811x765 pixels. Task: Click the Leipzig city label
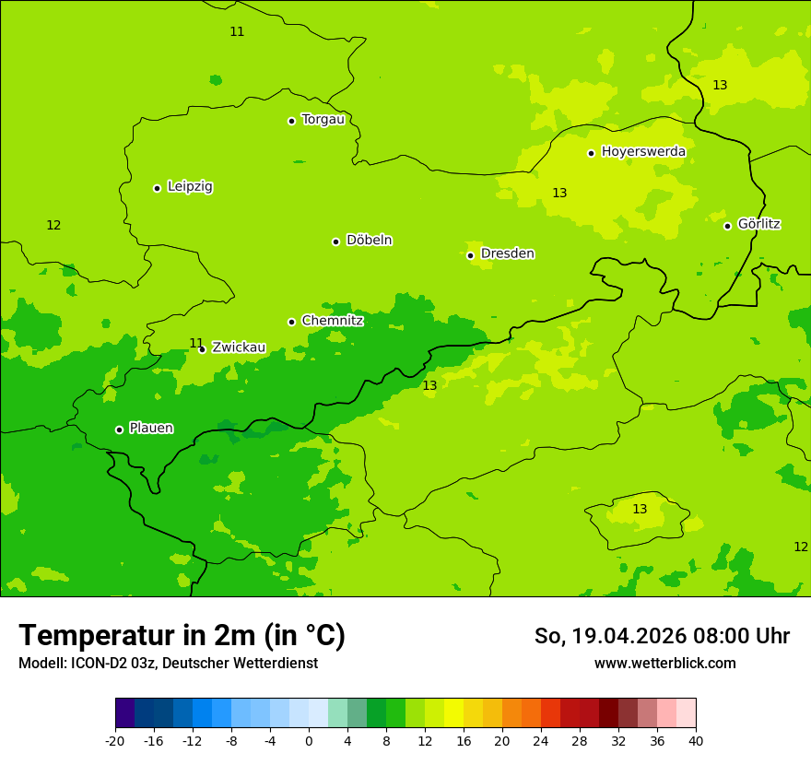(190, 187)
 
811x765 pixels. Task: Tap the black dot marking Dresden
(470, 255)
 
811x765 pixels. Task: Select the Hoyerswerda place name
(643, 152)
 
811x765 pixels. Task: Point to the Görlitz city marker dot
(727, 226)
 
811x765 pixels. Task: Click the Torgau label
(323, 120)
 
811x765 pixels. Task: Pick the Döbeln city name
(369, 241)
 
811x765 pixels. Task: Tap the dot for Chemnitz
(291, 322)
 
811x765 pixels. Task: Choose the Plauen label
(151, 429)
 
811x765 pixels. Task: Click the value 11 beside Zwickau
(196, 344)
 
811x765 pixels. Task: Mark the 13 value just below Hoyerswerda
(559, 193)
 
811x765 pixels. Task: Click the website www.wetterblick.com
(664, 664)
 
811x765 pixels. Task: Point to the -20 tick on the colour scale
(115, 741)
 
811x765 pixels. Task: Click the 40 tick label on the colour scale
(696, 741)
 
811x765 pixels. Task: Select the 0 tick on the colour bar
(309, 741)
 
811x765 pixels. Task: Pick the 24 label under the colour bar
(541, 741)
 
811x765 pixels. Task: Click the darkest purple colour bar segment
(124, 713)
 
